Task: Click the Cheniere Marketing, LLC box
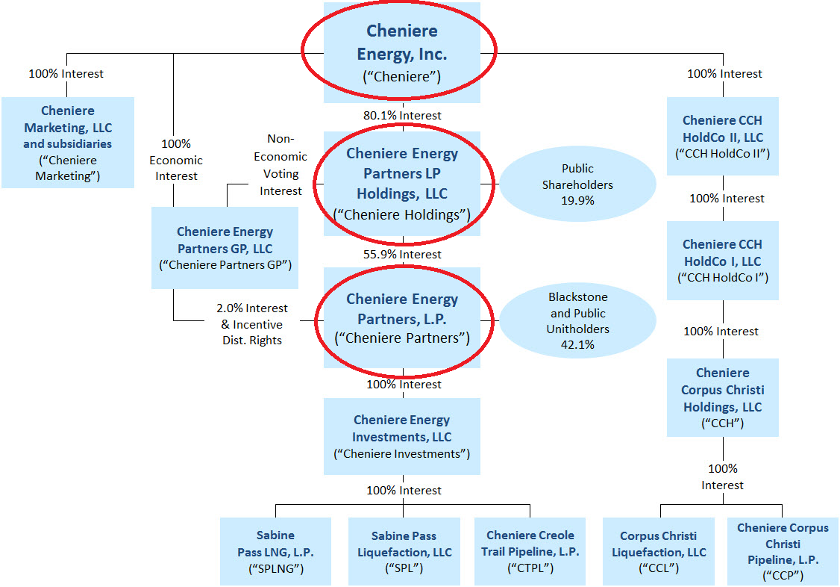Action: [68, 142]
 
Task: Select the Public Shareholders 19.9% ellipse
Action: [577, 184]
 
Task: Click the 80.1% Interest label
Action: [402, 116]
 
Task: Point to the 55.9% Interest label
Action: [402, 255]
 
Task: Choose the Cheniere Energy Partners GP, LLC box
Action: [225, 248]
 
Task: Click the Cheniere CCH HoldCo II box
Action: [722, 137]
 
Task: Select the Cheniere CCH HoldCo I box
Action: [722, 261]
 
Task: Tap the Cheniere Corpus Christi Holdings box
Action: [722, 397]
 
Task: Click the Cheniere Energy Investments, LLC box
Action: [402, 436]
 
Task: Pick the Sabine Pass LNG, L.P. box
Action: [275, 552]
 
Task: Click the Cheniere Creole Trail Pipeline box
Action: [530, 552]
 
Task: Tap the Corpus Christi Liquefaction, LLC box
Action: [659, 552]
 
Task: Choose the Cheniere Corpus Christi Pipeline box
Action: [783, 552]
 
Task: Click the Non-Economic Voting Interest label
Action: [280, 164]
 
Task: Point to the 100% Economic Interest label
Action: [176, 159]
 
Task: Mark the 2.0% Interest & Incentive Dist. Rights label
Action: [251, 324]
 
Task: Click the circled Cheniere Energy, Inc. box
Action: [402, 52]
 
